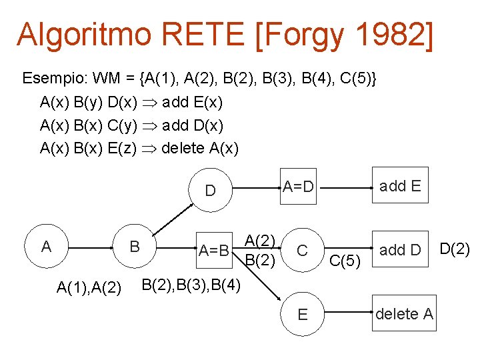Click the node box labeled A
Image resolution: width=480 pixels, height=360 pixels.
(46, 247)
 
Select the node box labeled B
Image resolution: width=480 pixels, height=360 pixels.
(134, 247)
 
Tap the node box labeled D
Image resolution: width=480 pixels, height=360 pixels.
(210, 191)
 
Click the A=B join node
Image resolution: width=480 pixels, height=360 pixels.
(214, 251)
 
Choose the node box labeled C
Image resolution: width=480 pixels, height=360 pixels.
(302, 251)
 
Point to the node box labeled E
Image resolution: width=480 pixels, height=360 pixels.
(302, 313)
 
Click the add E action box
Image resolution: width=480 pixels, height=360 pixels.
(400, 186)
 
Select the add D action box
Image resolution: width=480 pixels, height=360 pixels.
(400, 250)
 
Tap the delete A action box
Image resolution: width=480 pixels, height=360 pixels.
(404, 313)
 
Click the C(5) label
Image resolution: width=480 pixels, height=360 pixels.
(345, 261)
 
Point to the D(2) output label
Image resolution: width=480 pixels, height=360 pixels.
(455, 249)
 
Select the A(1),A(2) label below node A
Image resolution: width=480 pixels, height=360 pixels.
(89, 287)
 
